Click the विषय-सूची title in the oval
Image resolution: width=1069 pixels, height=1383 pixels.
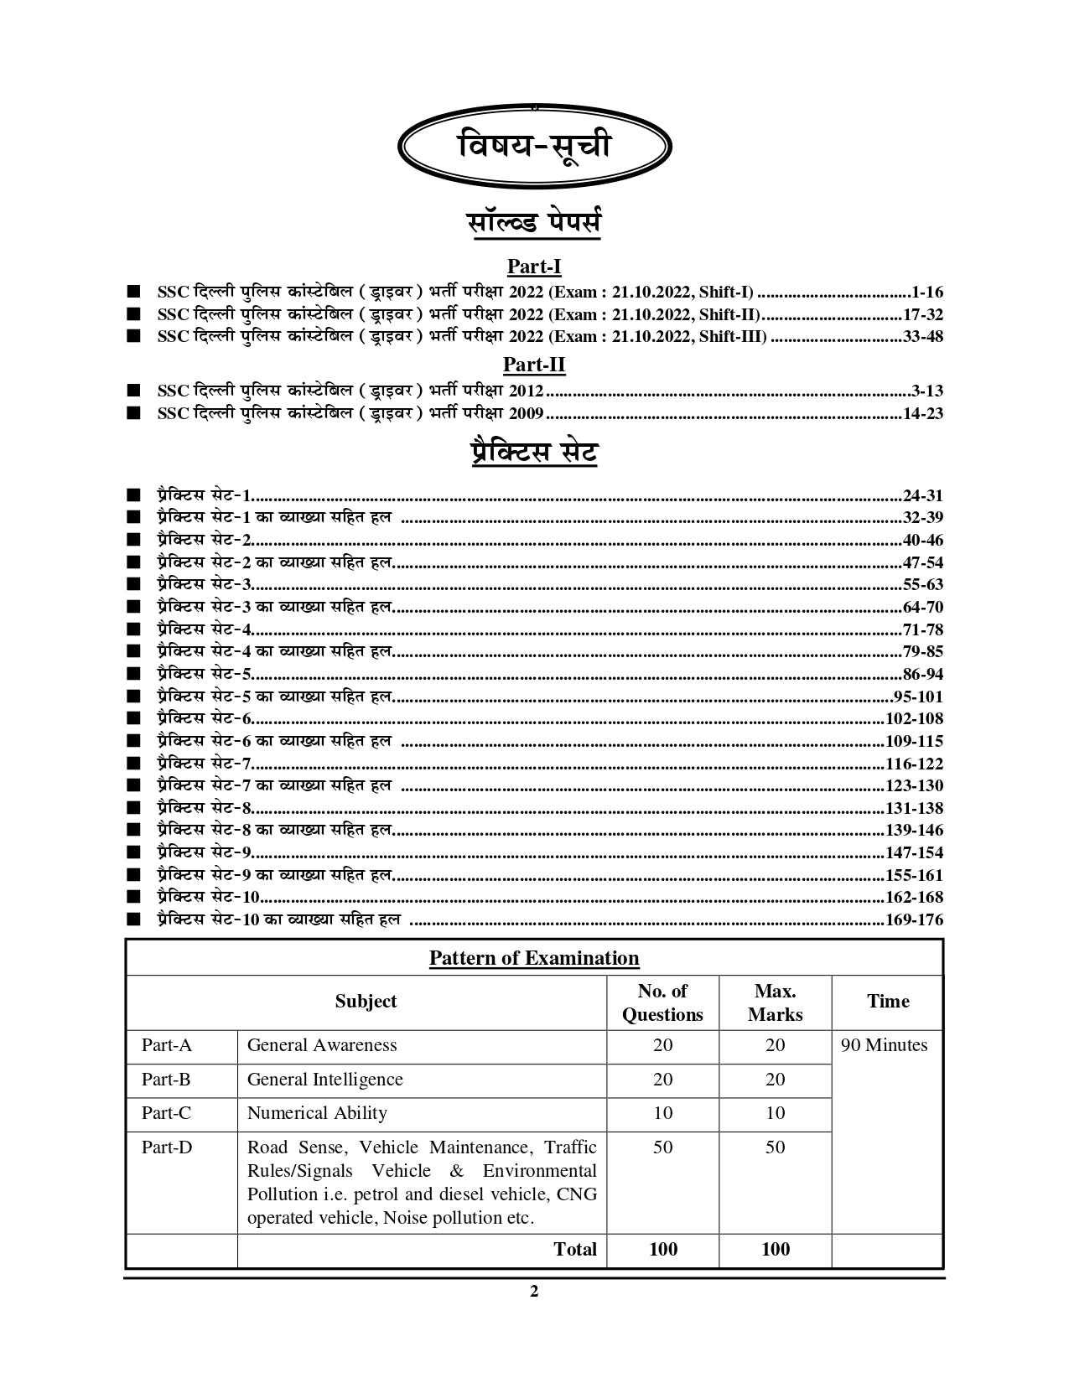[x=535, y=147]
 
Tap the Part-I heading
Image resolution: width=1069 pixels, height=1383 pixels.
[x=534, y=267]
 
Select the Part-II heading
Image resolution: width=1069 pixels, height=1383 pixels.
[x=534, y=365]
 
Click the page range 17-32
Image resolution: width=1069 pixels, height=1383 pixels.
[x=923, y=314]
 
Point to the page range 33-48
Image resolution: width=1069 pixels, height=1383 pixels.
[x=923, y=337]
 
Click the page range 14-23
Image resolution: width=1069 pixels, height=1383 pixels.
[x=923, y=413]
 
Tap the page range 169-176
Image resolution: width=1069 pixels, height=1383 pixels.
[x=914, y=919]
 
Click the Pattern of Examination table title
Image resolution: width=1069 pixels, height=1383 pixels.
[x=534, y=958]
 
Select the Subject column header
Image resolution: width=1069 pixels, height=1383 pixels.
[x=366, y=1002]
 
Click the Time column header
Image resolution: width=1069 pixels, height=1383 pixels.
[x=888, y=1002]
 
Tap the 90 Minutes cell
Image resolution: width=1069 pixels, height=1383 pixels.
[x=884, y=1045]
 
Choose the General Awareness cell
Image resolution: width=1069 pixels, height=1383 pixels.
[x=322, y=1045]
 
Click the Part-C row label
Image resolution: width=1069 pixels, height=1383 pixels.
[x=166, y=1113]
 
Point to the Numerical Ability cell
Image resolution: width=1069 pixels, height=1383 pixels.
[x=317, y=1113]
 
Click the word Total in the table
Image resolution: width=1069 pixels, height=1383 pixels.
[x=575, y=1250]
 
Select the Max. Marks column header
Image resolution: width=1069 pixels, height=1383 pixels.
[x=775, y=1002]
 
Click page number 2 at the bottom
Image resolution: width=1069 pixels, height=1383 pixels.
[x=534, y=1292]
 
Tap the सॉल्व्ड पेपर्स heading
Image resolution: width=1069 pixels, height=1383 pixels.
[x=534, y=224]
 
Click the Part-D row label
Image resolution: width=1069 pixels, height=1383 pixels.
[x=167, y=1147]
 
